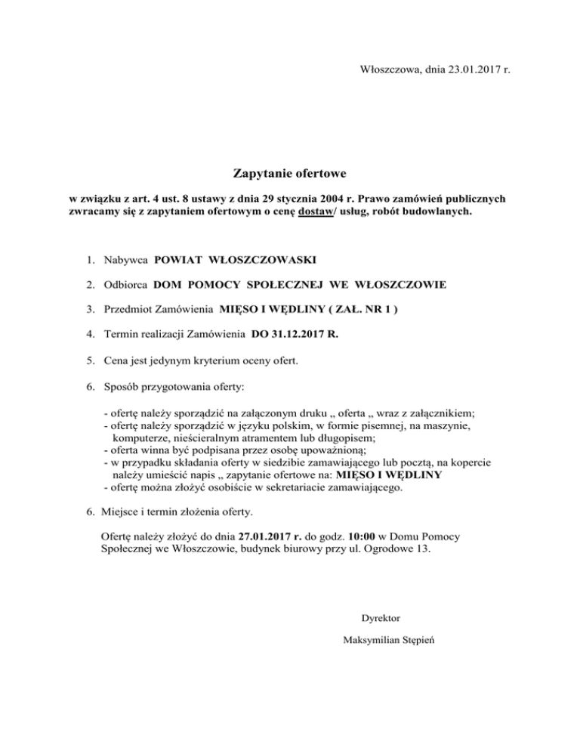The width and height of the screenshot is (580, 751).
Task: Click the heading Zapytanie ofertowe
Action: point(289,175)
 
